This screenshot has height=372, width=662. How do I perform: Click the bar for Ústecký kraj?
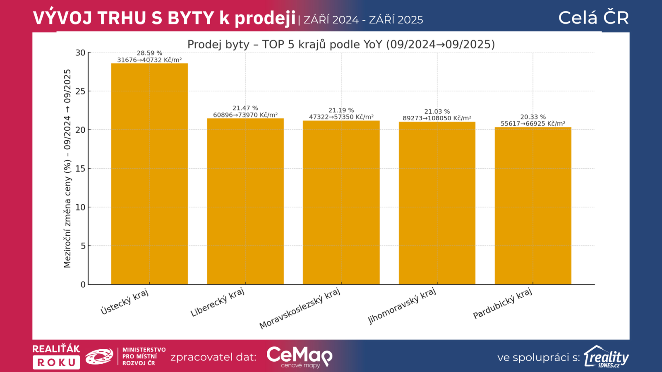pyautogui.click(x=149, y=174)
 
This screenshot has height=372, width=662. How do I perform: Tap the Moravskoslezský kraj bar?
pyautogui.click(x=341, y=203)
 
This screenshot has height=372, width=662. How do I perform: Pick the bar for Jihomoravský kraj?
pyautogui.click(x=437, y=203)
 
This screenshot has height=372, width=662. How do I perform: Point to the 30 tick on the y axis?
pyautogui.click(x=80, y=52)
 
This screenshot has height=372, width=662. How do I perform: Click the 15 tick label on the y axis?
pyautogui.click(x=80, y=169)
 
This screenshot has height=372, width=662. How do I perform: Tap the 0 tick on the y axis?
pyautogui.click(x=83, y=284)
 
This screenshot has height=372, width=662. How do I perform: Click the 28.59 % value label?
pyautogui.click(x=149, y=53)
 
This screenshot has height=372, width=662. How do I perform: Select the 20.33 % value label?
pyautogui.click(x=533, y=117)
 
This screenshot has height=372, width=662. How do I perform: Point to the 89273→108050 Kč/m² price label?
pyautogui.click(x=437, y=118)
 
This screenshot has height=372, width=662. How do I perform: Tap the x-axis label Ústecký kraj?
pyautogui.click(x=125, y=302)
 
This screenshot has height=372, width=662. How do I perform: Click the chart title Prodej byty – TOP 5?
pyautogui.click(x=341, y=44)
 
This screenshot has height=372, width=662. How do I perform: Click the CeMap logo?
pyautogui.click(x=299, y=357)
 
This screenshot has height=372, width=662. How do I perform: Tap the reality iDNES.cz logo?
pyautogui.click(x=606, y=357)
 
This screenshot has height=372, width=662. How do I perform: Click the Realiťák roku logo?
pyautogui.click(x=56, y=356)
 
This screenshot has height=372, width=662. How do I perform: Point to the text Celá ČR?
pyautogui.click(x=593, y=18)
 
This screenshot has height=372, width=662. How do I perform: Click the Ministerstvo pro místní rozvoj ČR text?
pyautogui.click(x=144, y=356)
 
